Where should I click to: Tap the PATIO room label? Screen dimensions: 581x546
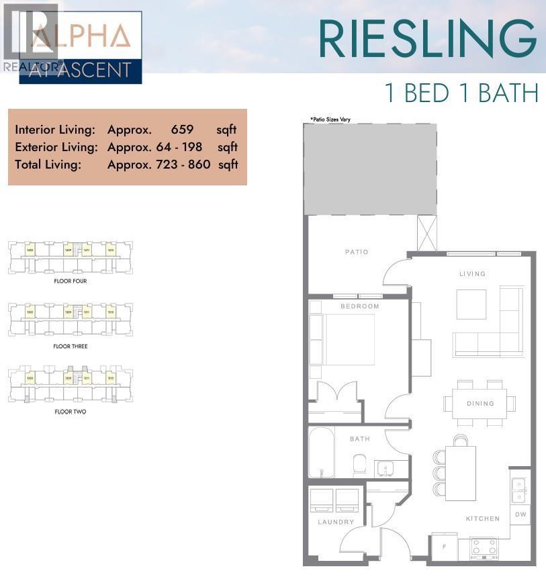[x=357, y=252]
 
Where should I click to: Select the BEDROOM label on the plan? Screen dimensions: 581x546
[x=359, y=306]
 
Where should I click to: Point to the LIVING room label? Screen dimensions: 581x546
[x=472, y=274]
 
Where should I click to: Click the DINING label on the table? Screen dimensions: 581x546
[x=480, y=404]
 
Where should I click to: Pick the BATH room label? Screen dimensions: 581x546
[x=360, y=439]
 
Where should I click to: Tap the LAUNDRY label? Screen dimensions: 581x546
[x=336, y=522]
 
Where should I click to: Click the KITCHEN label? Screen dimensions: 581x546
[x=483, y=519]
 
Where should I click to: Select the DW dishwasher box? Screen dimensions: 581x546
[x=521, y=515]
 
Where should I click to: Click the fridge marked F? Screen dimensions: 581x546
[x=444, y=547]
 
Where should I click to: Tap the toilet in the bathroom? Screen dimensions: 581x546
[x=359, y=465]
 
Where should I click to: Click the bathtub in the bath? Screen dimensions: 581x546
[x=321, y=452]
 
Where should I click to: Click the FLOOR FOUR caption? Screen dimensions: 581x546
[x=71, y=281]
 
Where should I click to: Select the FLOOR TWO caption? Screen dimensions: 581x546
[x=71, y=412]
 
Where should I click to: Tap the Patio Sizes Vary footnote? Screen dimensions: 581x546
[x=330, y=120]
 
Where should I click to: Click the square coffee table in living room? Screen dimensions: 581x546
[x=471, y=304]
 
